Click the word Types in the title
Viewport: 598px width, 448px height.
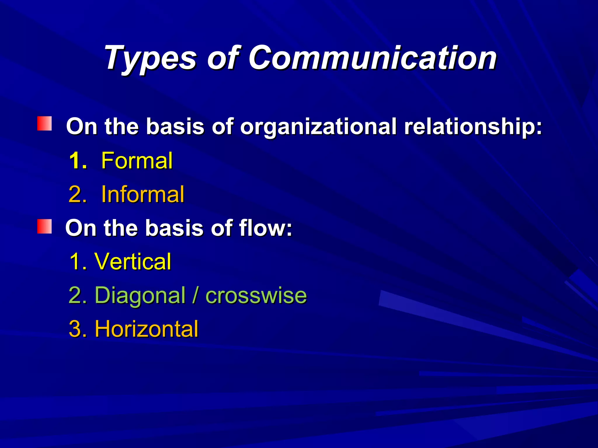click(151, 58)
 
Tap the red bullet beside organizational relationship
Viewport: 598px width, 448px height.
click(44, 123)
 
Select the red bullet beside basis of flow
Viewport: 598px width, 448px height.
click(44, 227)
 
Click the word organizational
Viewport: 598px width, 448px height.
click(318, 127)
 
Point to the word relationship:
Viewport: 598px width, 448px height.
click(473, 127)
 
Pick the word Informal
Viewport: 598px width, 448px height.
click(143, 194)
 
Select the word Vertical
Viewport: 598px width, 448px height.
click(133, 261)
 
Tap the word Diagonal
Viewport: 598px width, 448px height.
click(140, 295)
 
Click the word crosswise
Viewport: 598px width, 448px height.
click(256, 295)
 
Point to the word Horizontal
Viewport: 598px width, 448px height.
click(147, 329)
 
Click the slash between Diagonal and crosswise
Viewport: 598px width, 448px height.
click(195, 295)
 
